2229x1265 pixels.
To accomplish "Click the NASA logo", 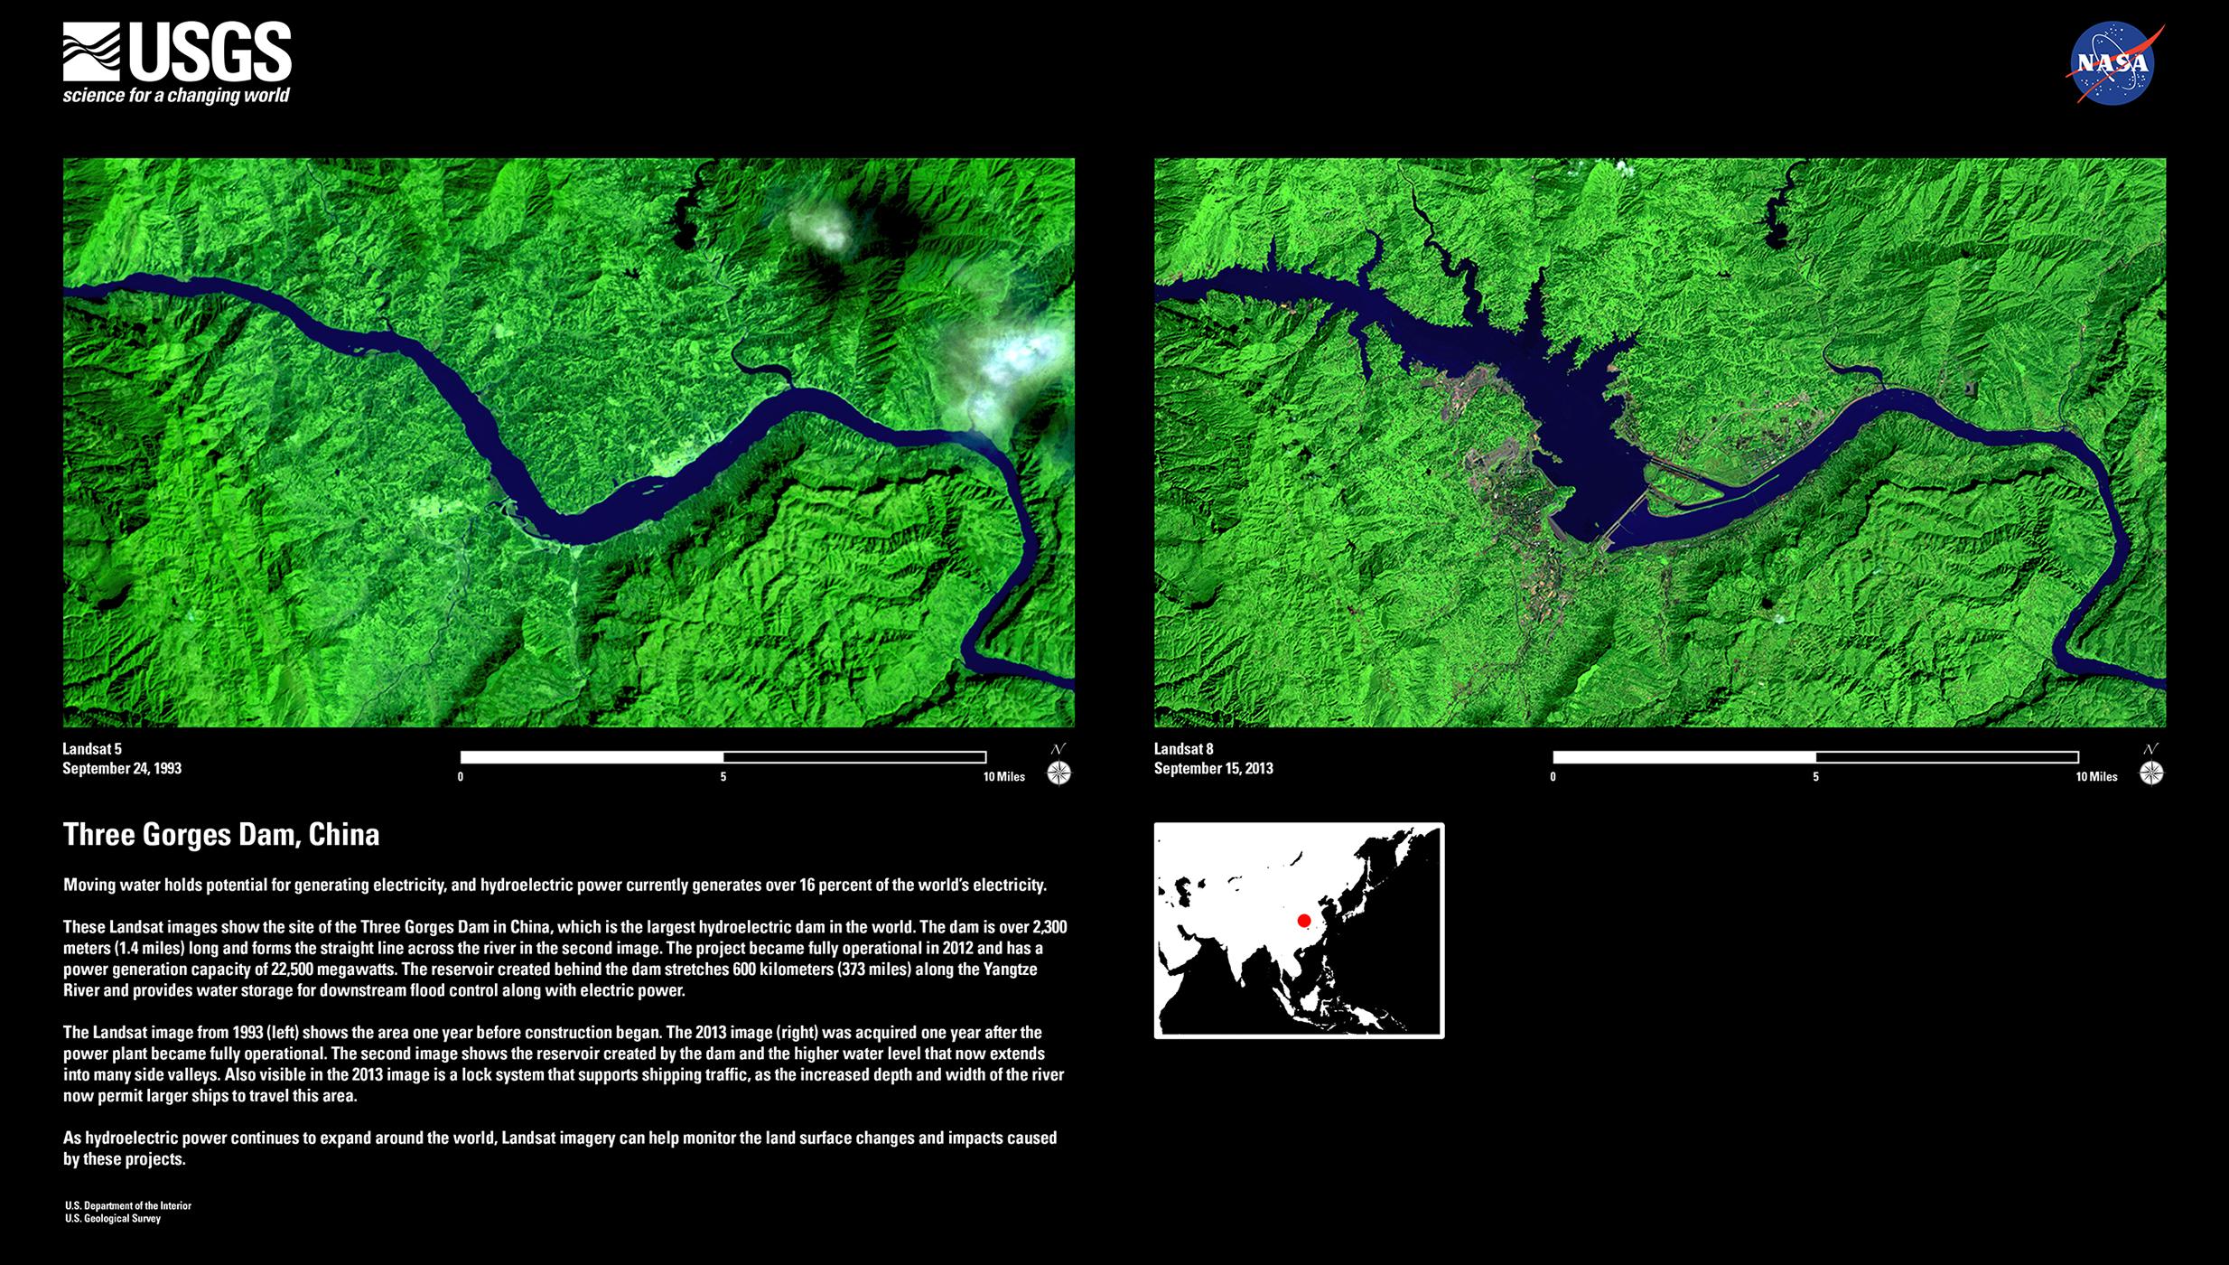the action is [2113, 64].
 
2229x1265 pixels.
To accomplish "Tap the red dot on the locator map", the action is [1303, 921].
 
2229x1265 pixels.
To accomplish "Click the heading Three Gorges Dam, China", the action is [221, 834].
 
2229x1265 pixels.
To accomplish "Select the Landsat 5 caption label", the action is [92, 749].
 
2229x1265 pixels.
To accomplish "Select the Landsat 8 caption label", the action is [1184, 749].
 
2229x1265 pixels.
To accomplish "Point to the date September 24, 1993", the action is [122, 769].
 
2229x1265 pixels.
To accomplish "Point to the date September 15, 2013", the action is [1214, 769].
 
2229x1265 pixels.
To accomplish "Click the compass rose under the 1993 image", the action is [1059, 773].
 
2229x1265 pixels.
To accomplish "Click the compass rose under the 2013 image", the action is [2151, 773].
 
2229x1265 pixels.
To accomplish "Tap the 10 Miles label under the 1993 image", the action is [1004, 777].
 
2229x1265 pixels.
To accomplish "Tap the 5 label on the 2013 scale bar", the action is [1815, 777].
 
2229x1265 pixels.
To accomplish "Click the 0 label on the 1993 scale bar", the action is [461, 777].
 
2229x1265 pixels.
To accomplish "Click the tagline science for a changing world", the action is [176, 96].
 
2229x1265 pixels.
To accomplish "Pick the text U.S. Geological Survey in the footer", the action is [113, 1219].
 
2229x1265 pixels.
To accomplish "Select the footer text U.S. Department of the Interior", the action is [128, 1205].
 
